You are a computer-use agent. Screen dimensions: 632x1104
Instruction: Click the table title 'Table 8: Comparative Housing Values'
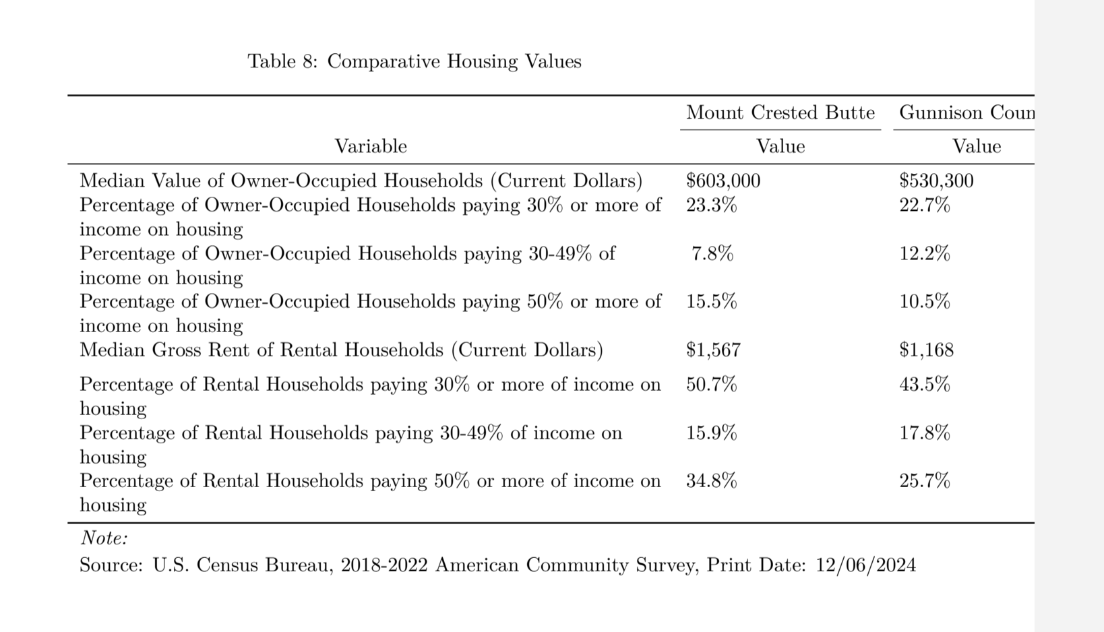click(414, 61)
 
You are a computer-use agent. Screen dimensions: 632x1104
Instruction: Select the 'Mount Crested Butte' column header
click(780, 113)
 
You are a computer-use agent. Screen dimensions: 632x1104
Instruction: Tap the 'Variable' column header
click(371, 146)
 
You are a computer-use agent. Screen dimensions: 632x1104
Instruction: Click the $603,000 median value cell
click(723, 181)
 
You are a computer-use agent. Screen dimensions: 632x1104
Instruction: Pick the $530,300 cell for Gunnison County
click(936, 181)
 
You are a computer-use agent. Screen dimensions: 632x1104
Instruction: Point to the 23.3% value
click(711, 205)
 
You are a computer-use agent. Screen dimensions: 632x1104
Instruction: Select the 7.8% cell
click(712, 253)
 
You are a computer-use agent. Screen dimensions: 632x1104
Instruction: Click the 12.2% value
click(924, 253)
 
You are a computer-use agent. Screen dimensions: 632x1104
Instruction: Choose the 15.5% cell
click(711, 301)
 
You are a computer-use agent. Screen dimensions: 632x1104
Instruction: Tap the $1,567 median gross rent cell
click(712, 350)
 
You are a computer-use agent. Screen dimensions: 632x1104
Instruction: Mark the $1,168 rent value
click(926, 350)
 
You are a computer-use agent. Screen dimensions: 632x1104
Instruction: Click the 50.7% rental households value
click(711, 384)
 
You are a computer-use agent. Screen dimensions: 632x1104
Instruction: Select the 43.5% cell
click(924, 384)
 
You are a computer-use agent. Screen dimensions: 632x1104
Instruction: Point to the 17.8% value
click(924, 433)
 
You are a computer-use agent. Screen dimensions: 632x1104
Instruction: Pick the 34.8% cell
click(711, 480)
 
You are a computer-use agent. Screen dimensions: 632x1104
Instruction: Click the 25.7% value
click(924, 480)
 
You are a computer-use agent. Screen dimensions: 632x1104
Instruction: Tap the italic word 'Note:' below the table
click(104, 538)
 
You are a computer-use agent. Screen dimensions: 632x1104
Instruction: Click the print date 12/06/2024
click(865, 565)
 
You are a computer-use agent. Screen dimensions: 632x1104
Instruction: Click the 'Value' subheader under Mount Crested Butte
click(780, 146)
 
